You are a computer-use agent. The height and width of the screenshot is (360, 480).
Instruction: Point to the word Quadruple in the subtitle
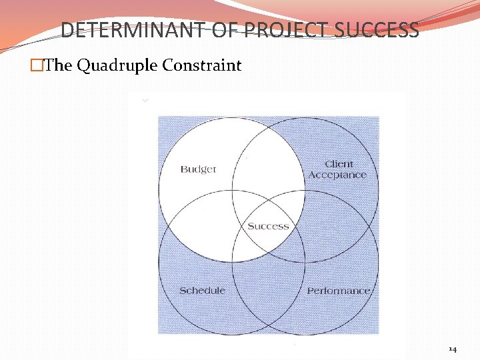[121, 65]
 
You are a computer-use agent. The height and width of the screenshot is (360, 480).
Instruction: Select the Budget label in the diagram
[198, 169]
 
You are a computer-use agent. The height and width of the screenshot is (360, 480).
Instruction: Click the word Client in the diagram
[339, 164]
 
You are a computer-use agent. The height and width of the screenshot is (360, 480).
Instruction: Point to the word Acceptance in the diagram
[337, 175]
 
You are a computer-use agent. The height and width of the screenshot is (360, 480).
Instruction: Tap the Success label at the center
[268, 226]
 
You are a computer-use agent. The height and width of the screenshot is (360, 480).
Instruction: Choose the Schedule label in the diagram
[202, 291]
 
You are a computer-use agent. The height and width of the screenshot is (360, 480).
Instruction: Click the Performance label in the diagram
[338, 291]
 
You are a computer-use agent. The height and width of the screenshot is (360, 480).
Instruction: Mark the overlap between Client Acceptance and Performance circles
[337, 227]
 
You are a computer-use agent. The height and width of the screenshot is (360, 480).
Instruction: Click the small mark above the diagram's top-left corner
[145, 100]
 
